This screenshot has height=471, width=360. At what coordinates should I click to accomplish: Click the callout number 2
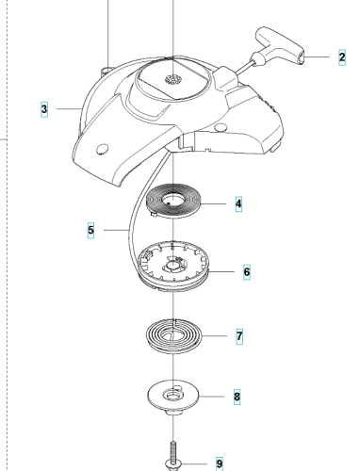pos(342,57)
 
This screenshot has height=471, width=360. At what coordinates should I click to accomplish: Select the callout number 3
pos(44,109)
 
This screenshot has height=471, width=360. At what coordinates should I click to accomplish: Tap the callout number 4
pos(238,203)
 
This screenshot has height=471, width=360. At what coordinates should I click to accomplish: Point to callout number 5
pos(90,231)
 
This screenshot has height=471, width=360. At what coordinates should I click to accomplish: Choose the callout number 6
pos(247,271)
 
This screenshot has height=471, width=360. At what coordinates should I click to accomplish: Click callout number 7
pos(239,336)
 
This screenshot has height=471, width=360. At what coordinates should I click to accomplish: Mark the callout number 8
pos(237,397)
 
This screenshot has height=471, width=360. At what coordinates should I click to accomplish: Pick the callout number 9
pos(220,463)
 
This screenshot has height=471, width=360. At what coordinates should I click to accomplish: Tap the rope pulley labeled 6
pos(173,267)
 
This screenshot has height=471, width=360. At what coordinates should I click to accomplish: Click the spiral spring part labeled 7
pos(173,336)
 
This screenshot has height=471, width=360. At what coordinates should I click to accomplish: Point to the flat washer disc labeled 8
pos(173,397)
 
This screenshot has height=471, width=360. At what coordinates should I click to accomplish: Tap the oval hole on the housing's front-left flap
pos(102,149)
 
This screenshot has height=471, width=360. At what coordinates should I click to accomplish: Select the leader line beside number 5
pos(116,231)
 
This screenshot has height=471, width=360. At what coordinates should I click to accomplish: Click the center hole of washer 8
pos(172,396)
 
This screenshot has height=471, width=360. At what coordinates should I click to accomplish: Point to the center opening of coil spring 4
pos(172,200)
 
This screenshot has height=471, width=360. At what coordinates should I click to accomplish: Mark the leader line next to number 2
pos(317,57)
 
